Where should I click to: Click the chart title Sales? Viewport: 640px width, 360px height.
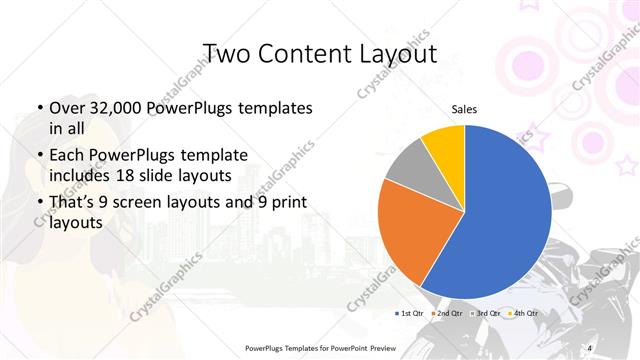(464, 108)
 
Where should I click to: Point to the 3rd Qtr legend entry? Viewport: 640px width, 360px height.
(486, 314)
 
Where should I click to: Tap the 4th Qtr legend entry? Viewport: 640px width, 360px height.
(524, 314)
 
